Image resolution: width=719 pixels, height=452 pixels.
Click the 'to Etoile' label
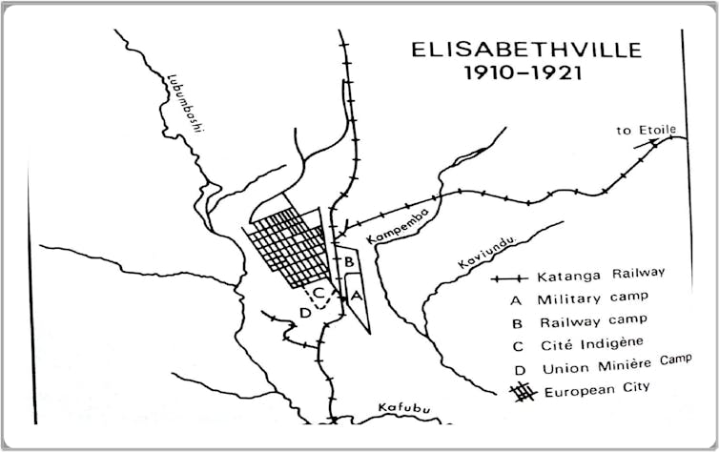tap(637, 132)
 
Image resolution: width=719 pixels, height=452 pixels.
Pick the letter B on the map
tap(350, 260)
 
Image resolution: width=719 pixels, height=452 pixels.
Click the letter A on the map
tap(358, 296)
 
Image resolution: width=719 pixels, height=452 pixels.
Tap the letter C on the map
tap(321, 293)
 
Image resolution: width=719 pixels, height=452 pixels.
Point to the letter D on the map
tap(304, 312)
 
